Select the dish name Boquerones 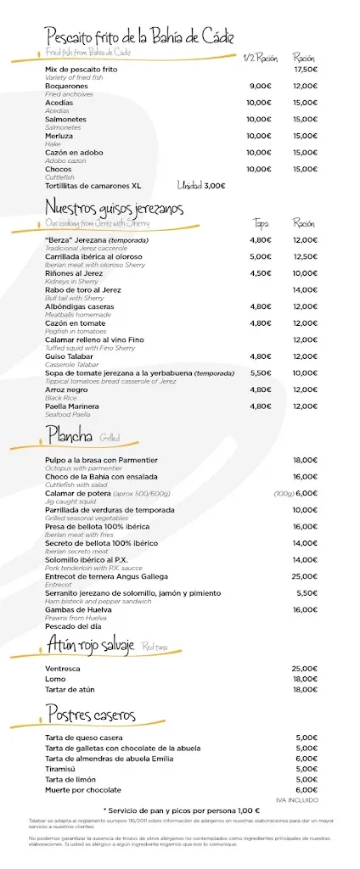coord(66,86)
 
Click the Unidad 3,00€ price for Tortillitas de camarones coord(201,185)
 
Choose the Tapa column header coord(261,223)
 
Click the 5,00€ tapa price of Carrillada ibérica coord(261,256)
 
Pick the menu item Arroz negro coord(65,390)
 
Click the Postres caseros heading coord(91,715)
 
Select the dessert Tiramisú coord(61,768)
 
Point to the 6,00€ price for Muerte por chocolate coord(307,789)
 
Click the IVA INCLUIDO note coord(297,799)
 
